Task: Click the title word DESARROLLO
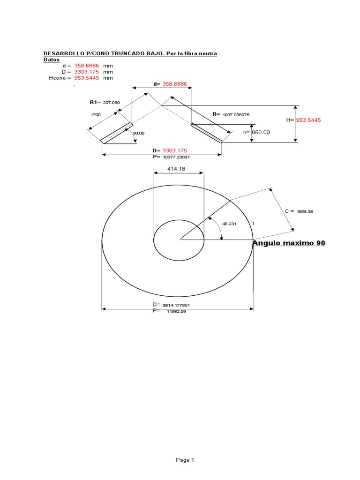61,54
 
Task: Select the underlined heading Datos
52,60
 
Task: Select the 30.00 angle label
139,133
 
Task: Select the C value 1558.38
305,211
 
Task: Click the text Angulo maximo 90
289,243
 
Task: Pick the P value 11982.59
176,311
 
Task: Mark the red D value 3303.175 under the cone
175,150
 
